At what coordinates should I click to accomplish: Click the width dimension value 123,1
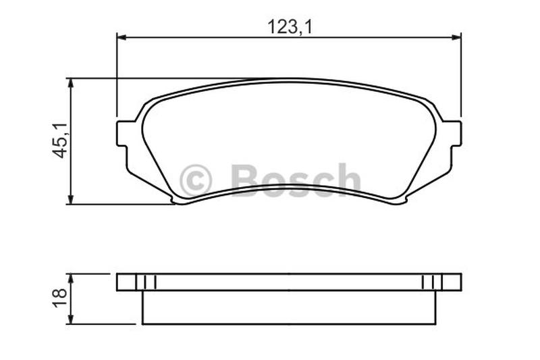point(288,27)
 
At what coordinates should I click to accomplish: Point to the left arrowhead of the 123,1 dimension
point(122,36)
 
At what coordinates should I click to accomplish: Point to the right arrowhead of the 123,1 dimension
point(456,36)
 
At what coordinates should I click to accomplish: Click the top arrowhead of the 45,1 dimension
point(70,83)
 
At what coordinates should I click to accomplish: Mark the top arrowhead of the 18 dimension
point(70,278)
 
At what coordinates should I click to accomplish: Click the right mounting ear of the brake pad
point(453,134)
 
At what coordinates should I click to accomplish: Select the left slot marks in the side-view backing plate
point(146,282)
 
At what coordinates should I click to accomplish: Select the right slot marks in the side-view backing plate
point(431,282)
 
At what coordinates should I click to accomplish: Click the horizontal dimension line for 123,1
point(202,36)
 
